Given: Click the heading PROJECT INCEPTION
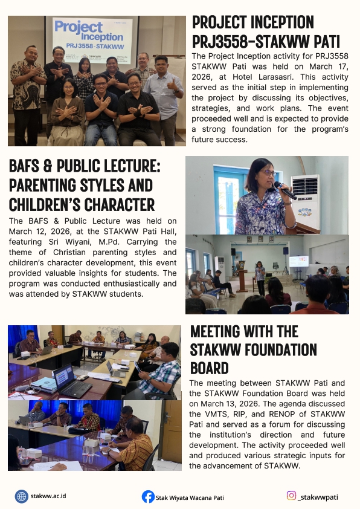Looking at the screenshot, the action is [x=252, y=23].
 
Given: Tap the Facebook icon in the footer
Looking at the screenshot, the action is [x=148, y=497].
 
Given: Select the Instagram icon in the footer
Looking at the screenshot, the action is [x=291, y=496].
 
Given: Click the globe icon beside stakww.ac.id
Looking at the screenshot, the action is [x=22, y=496].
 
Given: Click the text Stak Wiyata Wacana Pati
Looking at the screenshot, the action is [x=190, y=498].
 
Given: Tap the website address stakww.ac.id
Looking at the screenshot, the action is [x=49, y=496].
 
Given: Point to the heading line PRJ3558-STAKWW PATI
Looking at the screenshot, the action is [x=265, y=43].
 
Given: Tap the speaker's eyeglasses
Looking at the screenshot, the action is [x=266, y=173].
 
